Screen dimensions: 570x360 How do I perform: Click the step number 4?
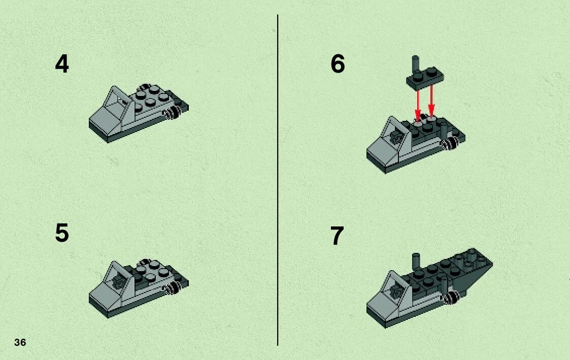[62, 64]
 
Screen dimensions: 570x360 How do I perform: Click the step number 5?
[62, 233]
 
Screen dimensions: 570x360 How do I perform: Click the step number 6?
[338, 64]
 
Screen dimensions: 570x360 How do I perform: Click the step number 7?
[337, 236]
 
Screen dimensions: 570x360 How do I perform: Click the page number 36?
[20, 342]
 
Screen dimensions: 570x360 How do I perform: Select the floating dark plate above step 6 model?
[425, 79]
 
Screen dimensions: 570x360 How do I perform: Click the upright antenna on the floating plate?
[416, 64]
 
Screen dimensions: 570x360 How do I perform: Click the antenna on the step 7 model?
[417, 263]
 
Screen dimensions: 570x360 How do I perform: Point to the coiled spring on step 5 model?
[172, 288]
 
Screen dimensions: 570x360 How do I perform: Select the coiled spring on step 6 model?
[449, 144]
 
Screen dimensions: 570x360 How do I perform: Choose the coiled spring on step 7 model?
[450, 298]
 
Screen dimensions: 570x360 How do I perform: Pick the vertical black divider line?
[278, 180]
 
